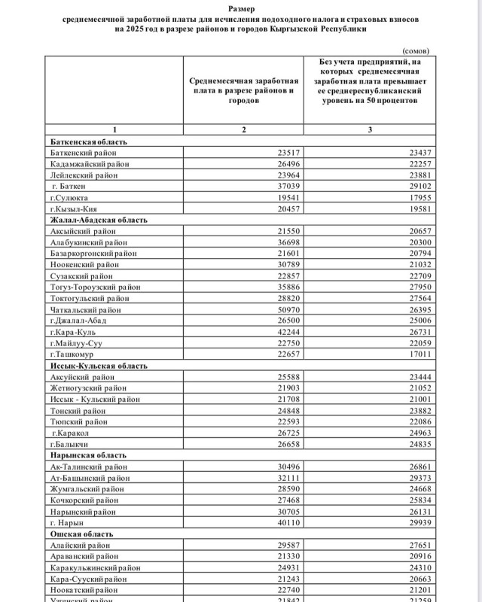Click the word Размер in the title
coord(241,9)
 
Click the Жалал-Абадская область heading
coord(98,220)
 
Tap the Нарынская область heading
coord(88,455)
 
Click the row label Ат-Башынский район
coord(88,478)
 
